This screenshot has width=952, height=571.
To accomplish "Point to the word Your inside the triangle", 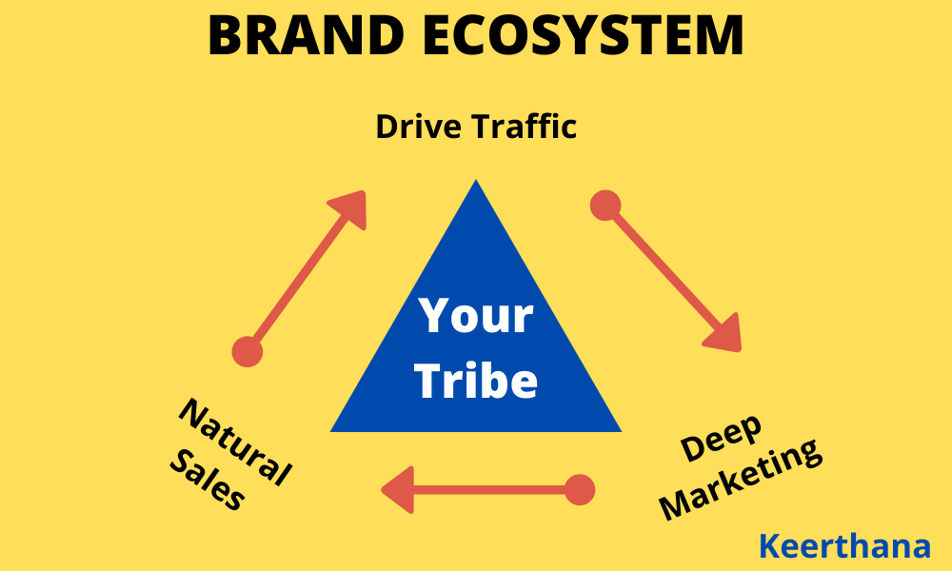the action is coord(477,315).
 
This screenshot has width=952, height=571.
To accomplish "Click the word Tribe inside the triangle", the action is coord(477,381).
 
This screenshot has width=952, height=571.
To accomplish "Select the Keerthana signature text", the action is coord(844,546).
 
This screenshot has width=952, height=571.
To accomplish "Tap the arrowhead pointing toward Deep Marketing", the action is coord(724,333).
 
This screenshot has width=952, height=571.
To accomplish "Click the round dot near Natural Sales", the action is coord(247,351).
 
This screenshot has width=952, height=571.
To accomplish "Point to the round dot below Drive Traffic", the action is coord(605,205).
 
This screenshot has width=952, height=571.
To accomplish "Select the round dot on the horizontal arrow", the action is coord(579,490).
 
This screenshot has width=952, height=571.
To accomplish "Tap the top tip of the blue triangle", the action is coord(476,183).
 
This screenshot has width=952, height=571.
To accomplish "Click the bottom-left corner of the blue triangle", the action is coord(333,430).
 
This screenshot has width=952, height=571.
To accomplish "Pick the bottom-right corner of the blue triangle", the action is coord(619,430).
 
